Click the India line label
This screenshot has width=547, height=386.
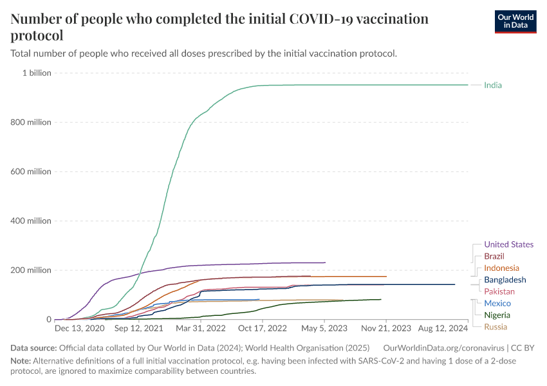493,86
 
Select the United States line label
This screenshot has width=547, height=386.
508,244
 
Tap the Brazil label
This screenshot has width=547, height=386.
494,256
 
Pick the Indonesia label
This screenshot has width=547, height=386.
501,268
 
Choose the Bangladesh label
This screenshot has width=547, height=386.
505,280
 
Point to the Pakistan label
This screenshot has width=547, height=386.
499,291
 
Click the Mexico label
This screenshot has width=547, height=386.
497,303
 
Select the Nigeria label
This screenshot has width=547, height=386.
497,315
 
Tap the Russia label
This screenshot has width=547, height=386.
496,327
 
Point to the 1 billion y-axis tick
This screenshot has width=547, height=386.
37,73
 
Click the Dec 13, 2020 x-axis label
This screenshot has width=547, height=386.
80,329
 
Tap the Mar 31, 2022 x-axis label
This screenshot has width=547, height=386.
200,329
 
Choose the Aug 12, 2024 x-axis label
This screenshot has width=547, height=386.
444,329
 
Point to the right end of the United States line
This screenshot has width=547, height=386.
325,262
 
